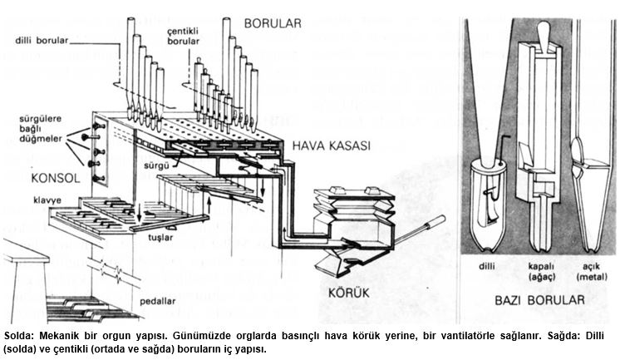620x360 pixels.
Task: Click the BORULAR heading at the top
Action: click(270, 23)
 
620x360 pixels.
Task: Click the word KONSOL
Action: click(32, 178)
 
